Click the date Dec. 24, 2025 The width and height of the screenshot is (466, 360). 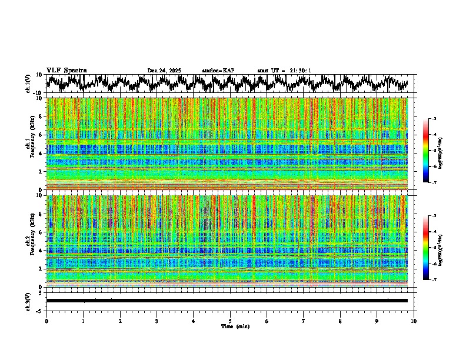click(164, 71)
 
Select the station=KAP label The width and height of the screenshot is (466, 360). click(218, 71)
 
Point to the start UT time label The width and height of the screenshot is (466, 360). click(284, 71)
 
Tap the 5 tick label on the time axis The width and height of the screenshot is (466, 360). click(230, 321)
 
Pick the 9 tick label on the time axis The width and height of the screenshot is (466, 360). click(377, 321)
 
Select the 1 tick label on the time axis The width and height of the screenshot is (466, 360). click(83, 321)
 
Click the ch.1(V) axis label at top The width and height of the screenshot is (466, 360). click(28, 84)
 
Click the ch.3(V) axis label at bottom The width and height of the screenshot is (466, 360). click(28, 301)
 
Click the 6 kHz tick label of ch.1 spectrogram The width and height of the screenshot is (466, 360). click(41, 135)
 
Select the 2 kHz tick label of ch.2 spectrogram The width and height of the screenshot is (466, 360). click(41, 269)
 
